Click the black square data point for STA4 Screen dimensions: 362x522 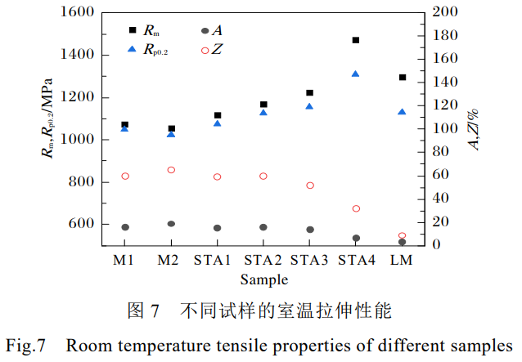[x=356, y=40]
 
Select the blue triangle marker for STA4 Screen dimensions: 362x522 [x=356, y=74]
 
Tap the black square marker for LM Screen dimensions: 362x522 [x=402, y=78]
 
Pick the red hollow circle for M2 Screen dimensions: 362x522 [x=171, y=170]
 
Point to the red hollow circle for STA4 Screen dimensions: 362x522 [x=356, y=208]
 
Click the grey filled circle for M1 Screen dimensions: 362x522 [x=125, y=227]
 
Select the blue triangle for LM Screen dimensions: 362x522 [x=402, y=112]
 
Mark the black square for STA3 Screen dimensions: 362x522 [x=309, y=93]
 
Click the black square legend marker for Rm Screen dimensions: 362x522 [x=133, y=31]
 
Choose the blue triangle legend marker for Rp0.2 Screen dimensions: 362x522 [x=133, y=51]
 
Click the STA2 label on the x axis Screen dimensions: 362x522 [x=263, y=261]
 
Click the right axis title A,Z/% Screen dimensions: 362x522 [x=475, y=129]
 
